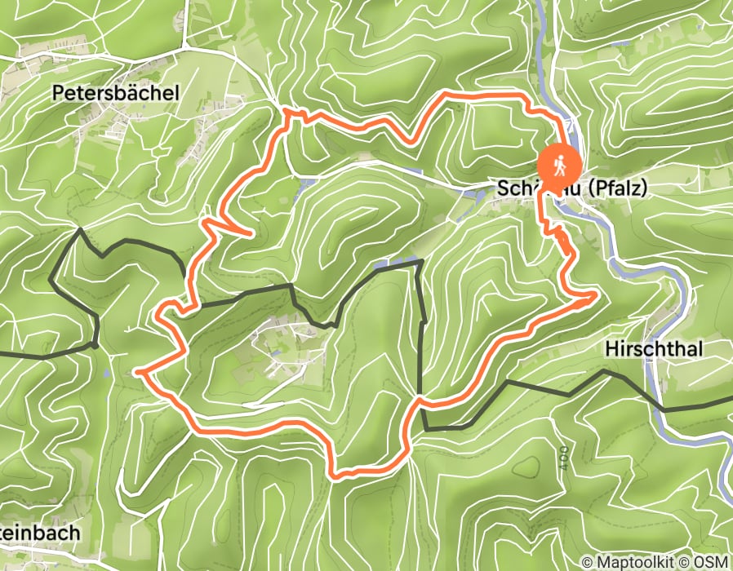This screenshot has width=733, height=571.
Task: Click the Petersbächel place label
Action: pos(115,93)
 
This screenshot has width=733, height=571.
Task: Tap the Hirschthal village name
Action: pos(655,349)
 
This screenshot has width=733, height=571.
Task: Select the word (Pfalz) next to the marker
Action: pos(615,188)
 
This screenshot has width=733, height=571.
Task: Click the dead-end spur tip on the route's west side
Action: pos(247,234)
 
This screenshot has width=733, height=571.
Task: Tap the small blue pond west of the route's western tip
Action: pos(106,373)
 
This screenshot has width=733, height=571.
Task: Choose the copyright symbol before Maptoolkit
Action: pos(587,562)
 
